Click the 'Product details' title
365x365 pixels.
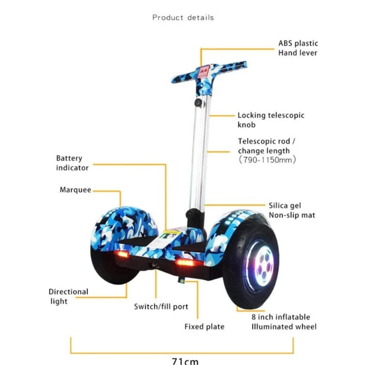tap(183, 18)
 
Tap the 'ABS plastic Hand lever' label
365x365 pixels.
tap(298, 48)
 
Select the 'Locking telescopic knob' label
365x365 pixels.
tap(271, 120)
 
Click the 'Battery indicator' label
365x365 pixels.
tap(72, 163)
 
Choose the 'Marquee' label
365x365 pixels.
tap(75, 190)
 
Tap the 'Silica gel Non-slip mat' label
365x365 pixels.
tap(292, 210)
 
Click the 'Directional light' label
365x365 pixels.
tap(69, 296)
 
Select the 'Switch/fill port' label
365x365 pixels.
tap(161, 306)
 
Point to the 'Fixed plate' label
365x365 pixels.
tap(204, 327)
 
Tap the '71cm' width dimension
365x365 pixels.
tap(185, 360)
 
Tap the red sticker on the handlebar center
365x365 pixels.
tap(206, 69)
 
